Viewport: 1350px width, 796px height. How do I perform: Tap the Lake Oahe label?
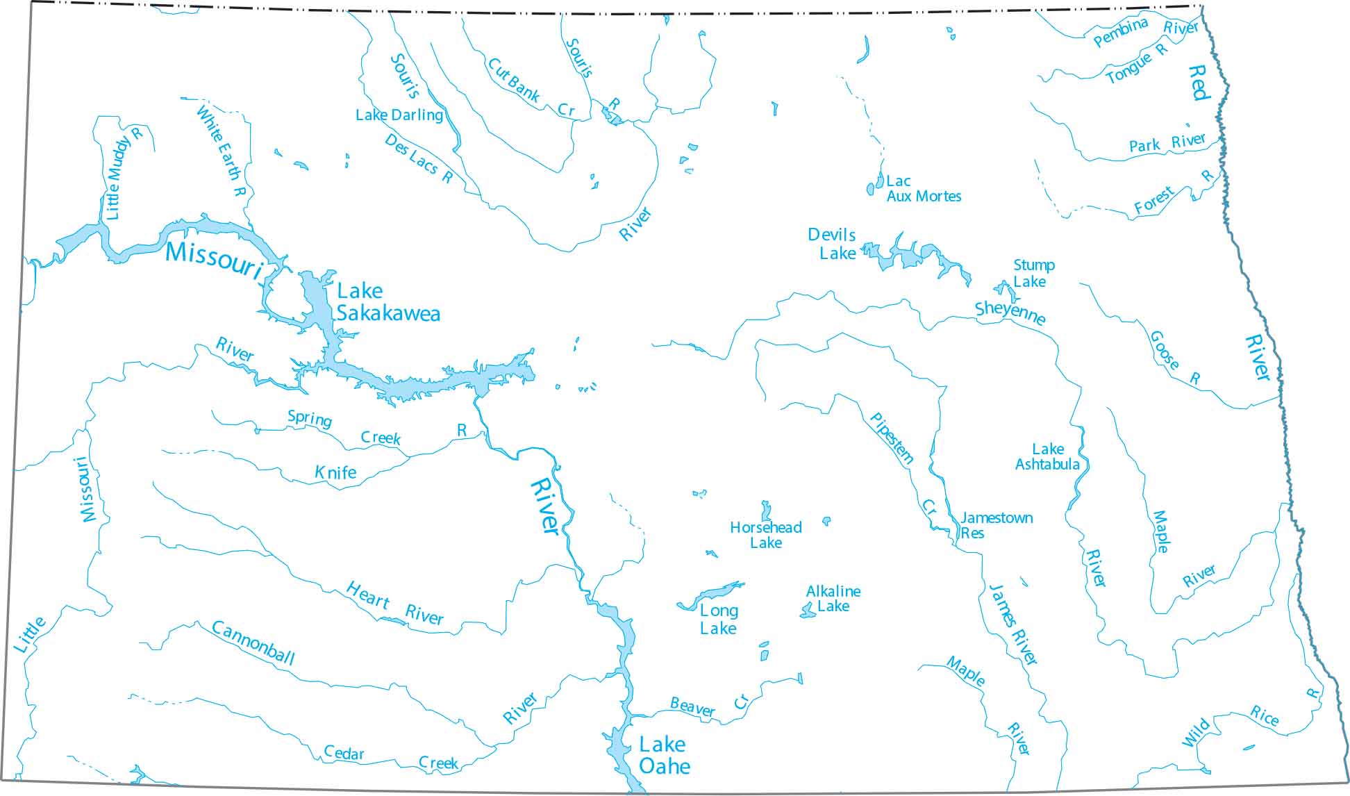[664, 755]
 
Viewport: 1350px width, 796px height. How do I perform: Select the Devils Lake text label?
[833, 244]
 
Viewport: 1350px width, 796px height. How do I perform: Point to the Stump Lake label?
[1033, 273]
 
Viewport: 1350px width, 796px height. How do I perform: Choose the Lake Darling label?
[399, 115]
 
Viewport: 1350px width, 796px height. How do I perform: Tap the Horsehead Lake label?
[765, 535]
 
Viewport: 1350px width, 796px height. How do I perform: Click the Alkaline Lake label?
[833, 599]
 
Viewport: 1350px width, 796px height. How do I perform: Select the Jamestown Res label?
[994, 525]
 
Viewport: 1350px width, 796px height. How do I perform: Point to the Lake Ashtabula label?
[1047, 456]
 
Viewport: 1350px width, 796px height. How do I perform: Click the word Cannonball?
[253, 642]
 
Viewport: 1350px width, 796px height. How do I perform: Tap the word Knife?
[335, 473]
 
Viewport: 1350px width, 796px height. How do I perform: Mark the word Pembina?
[1120, 33]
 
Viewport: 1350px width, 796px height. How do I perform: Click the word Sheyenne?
[1010, 313]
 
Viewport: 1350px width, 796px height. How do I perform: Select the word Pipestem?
[892, 438]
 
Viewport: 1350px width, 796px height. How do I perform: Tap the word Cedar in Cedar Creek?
[344, 753]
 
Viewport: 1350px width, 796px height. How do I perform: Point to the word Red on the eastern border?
[1199, 82]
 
